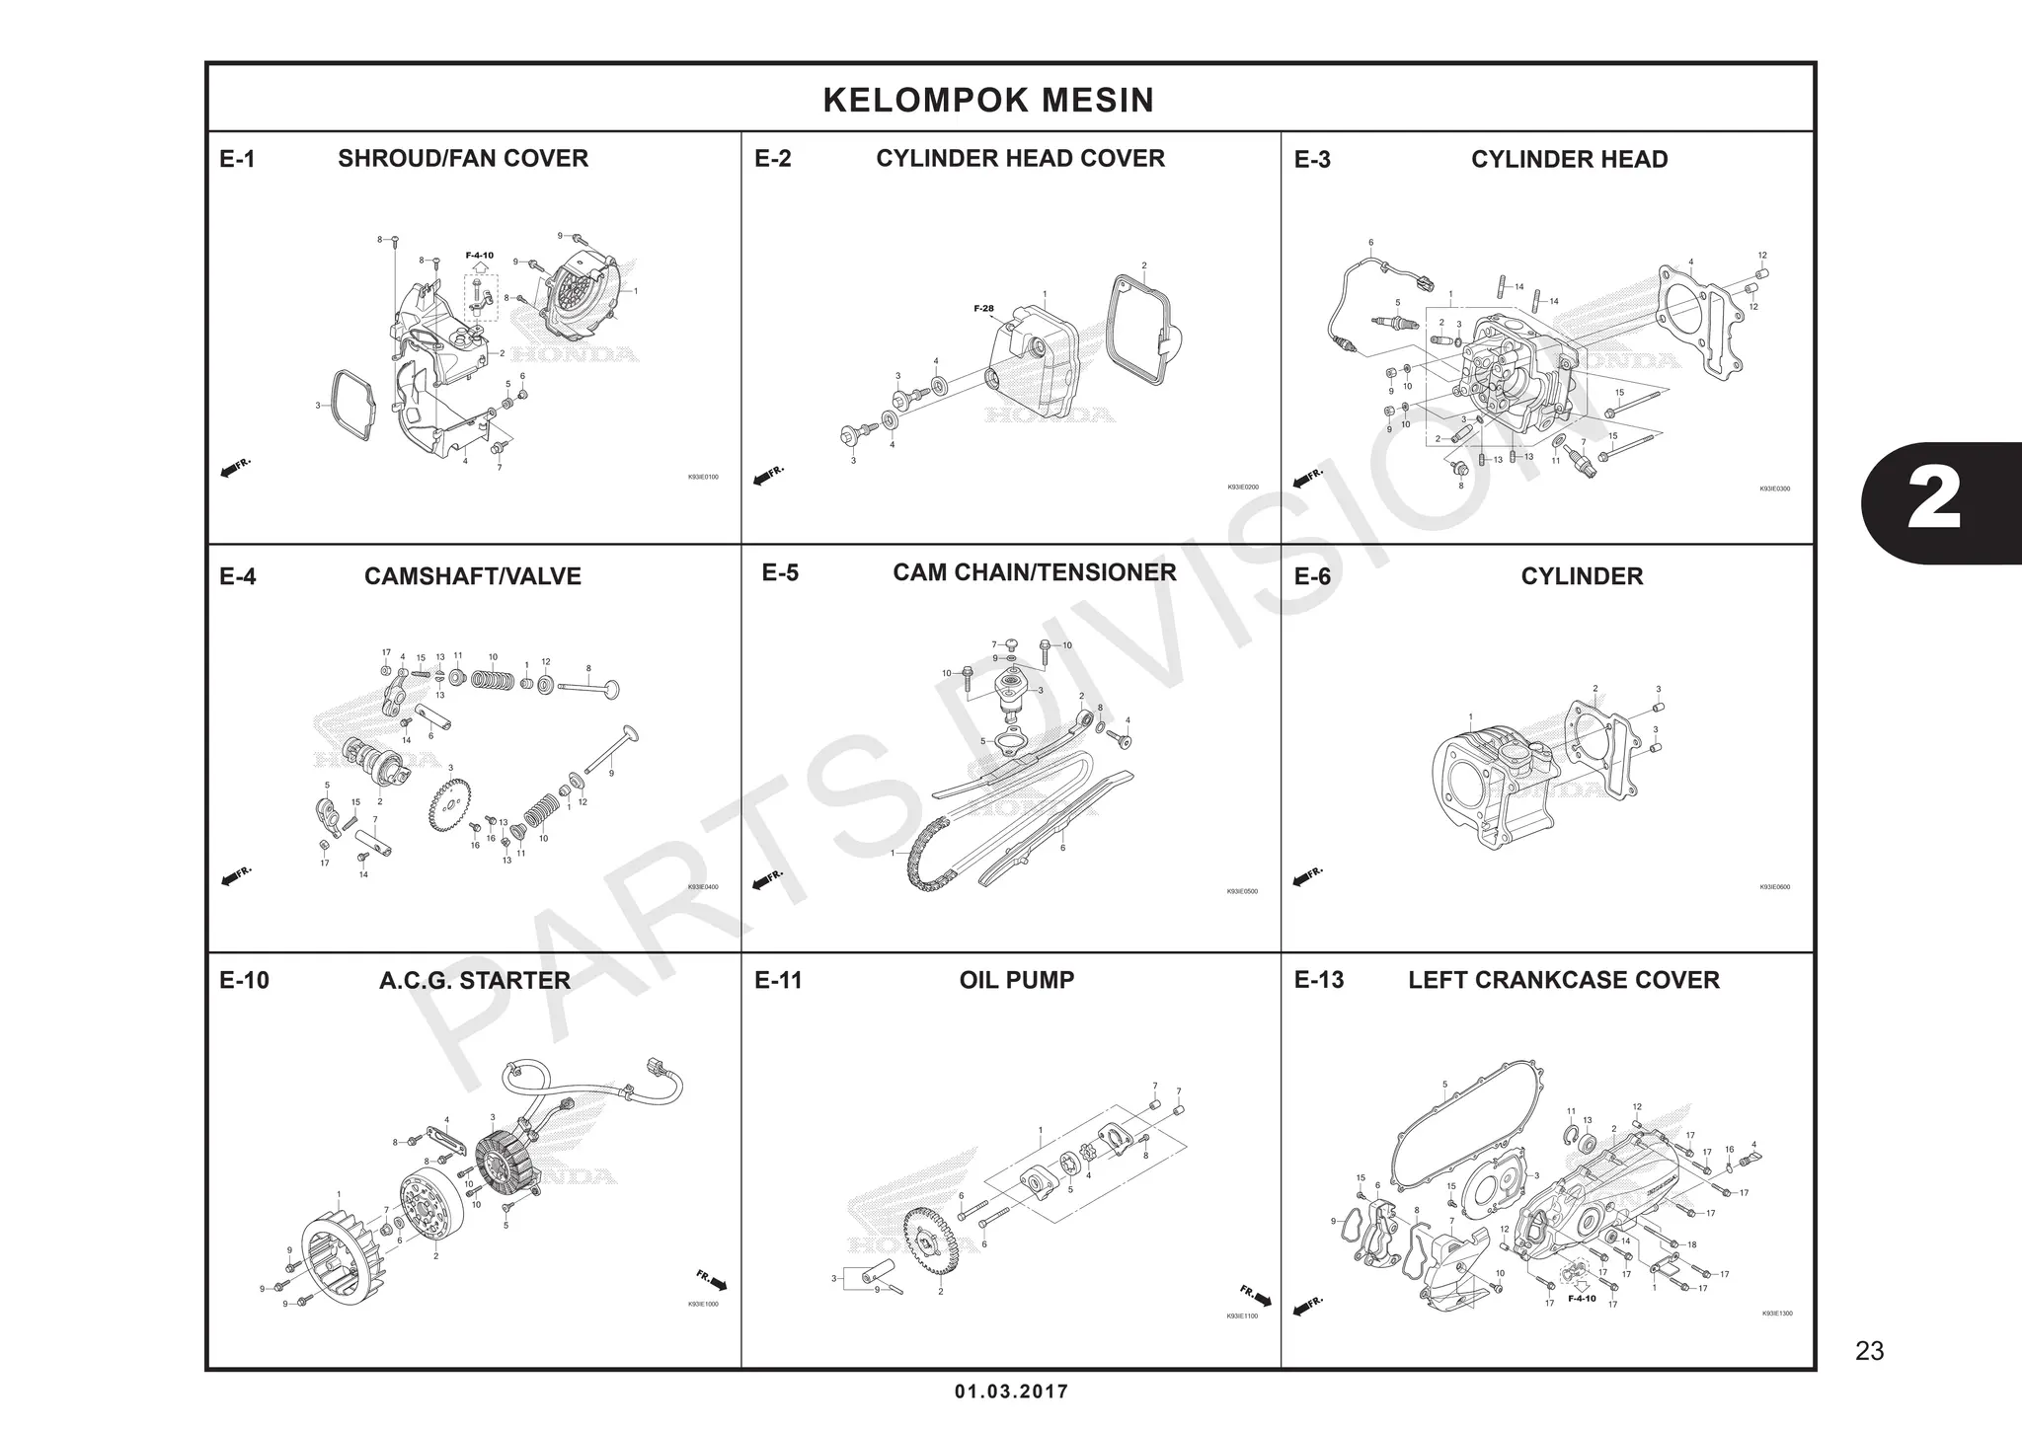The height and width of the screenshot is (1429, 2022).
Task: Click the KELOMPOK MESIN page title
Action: [x=988, y=100]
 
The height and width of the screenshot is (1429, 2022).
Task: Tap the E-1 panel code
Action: [x=237, y=159]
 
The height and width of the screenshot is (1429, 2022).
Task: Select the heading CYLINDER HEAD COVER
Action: [x=1020, y=158]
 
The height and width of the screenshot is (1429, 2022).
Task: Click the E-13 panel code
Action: [x=1318, y=980]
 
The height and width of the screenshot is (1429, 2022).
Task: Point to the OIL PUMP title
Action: [x=1016, y=980]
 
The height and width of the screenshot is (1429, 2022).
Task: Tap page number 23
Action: [x=1869, y=1351]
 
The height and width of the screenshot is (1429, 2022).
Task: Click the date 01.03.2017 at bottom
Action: [x=1011, y=1392]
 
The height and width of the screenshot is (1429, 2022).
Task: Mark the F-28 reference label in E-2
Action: [x=983, y=309]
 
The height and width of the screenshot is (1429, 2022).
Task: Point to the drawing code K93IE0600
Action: [x=1774, y=887]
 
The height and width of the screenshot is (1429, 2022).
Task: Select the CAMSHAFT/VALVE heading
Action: [x=472, y=576]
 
